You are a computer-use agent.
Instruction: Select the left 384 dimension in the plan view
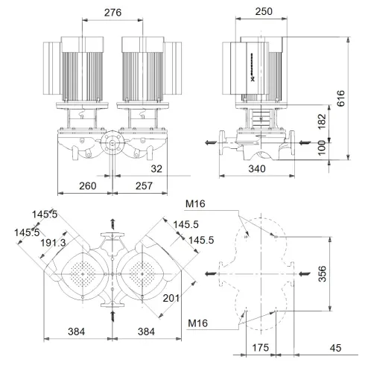pos(75,331)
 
